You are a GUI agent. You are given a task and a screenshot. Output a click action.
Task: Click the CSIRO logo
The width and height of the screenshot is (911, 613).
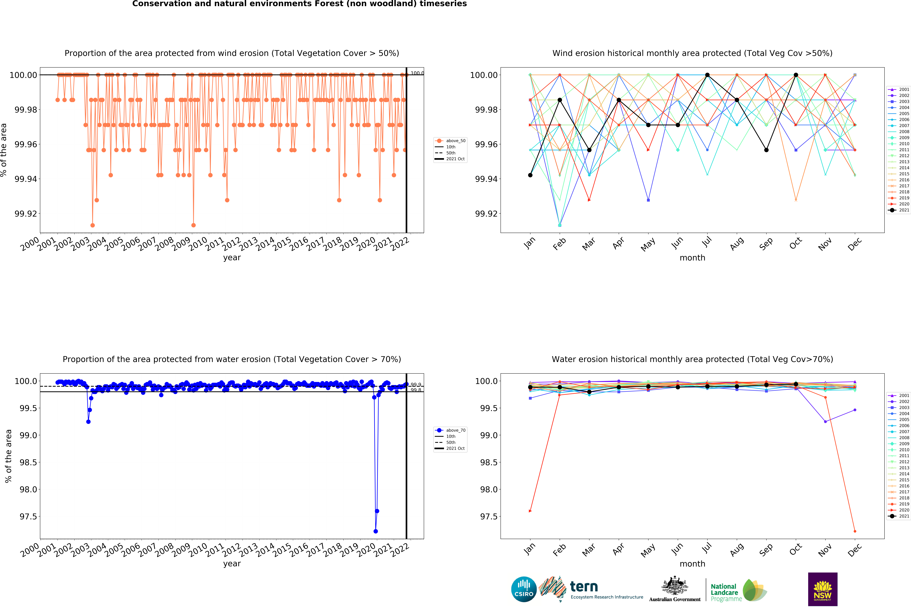524,589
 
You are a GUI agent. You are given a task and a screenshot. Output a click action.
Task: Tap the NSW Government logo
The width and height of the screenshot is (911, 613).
822,589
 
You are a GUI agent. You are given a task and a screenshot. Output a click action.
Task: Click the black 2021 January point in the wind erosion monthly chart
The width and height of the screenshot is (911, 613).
530,175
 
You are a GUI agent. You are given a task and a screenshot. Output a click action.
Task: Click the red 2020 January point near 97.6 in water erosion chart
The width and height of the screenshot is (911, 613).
530,511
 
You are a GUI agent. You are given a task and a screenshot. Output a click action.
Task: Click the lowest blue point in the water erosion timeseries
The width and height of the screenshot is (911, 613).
376,531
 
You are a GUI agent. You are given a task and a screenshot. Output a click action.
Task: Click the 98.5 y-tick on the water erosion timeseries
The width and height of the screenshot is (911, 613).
28,462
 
